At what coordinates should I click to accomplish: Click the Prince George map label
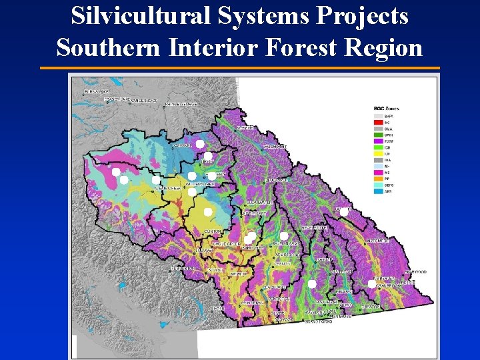coord(182,104)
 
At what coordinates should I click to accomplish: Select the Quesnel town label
coord(182,145)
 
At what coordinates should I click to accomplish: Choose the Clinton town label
coord(213,231)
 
